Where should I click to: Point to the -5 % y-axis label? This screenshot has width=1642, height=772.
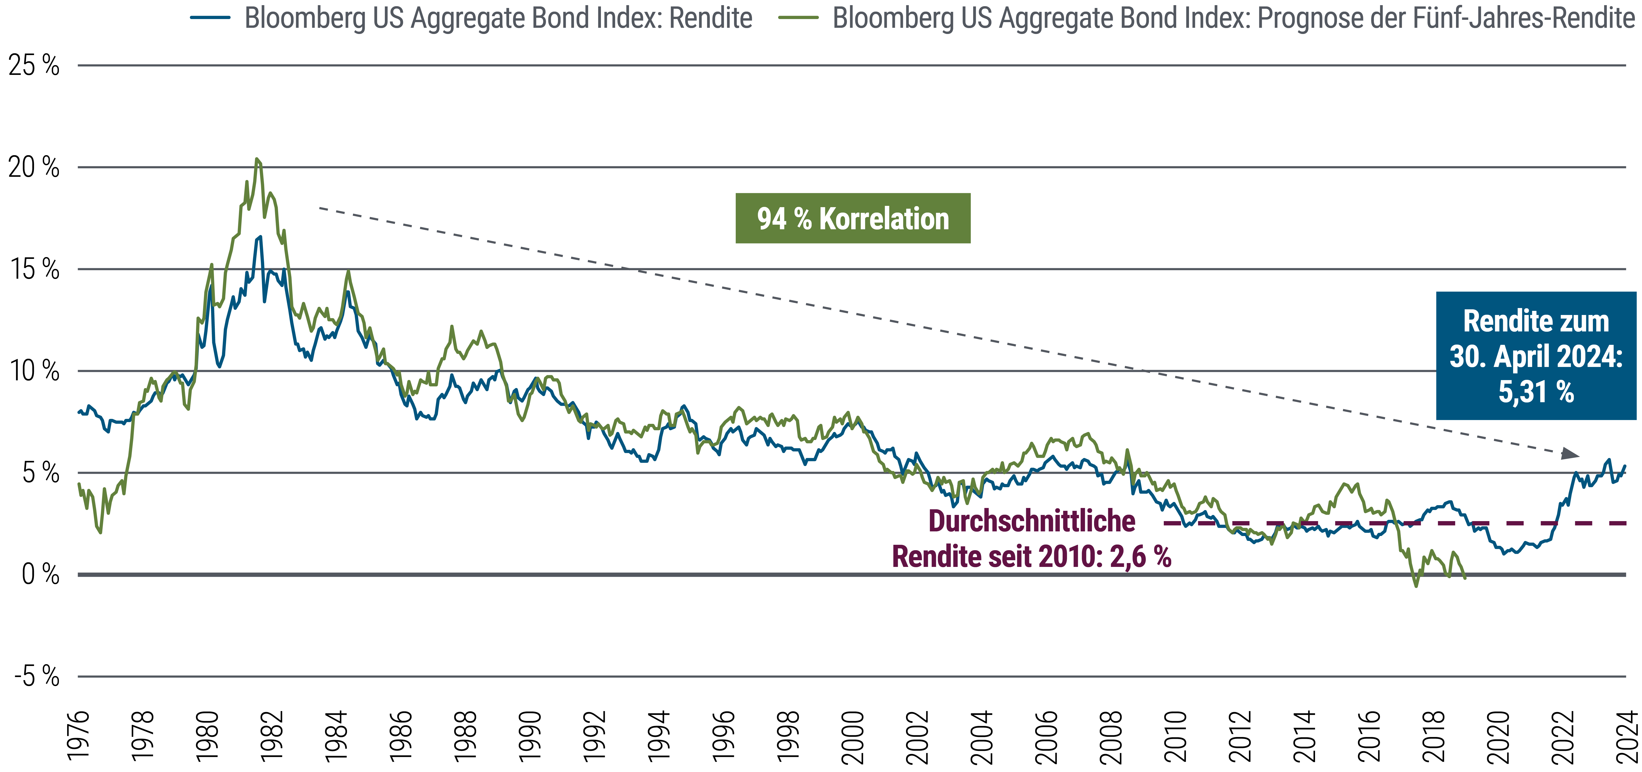[36, 676]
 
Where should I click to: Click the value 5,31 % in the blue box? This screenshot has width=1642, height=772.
[1536, 391]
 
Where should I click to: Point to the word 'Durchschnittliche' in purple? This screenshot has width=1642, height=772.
[1031, 521]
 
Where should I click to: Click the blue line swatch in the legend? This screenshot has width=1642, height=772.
[210, 18]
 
